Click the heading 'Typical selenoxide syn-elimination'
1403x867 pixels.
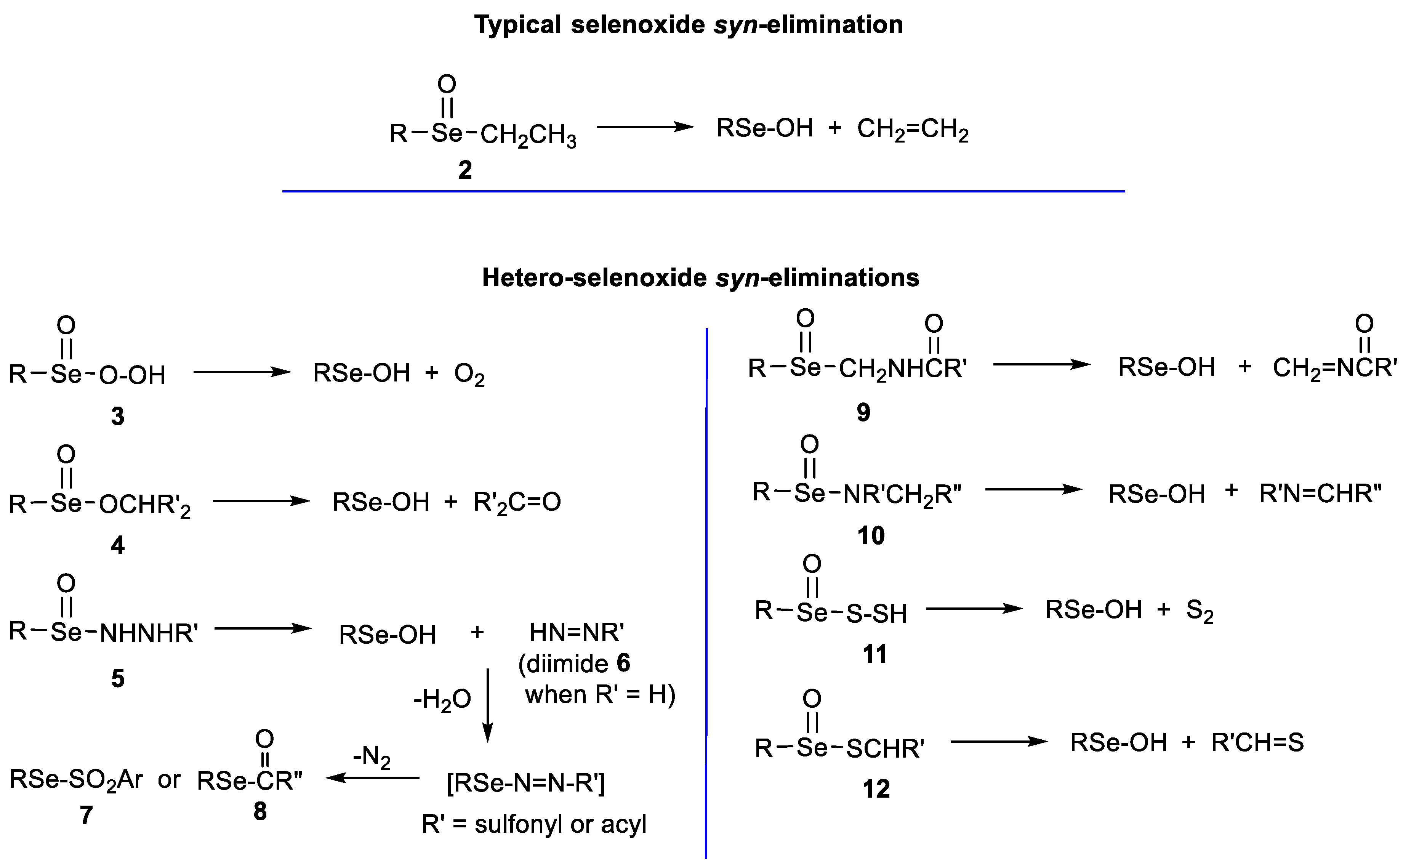pyautogui.click(x=688, y=25)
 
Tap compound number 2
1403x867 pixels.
pyautogui.click(x=464, y=170)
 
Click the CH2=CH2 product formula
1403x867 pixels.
pyautogui.click(x=912, y=130)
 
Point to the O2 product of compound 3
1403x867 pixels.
pyautogui.click(x=469, y=375)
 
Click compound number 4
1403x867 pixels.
pyautogui.click(x=117, y=545)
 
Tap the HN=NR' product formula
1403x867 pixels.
pyautogui.click(x=576, y=633)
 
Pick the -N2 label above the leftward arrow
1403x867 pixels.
pyautogui.click(x=372, y=758)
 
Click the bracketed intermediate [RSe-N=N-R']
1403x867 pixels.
pyautogui.click(x=525, y=783)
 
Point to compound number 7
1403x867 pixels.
pyautogui.click(x=86, y=814)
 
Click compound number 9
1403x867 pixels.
pyautogui.click(x=863, y=412)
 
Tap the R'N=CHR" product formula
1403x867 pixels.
pyautogui.click(x=1320, y=493)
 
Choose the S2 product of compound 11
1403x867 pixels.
pyautogui.click(x=1200, y=611)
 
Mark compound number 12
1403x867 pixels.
pyautogui.click(x=876, y=789)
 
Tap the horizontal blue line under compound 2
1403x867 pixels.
pyautogui.click(x=703, y=191)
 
